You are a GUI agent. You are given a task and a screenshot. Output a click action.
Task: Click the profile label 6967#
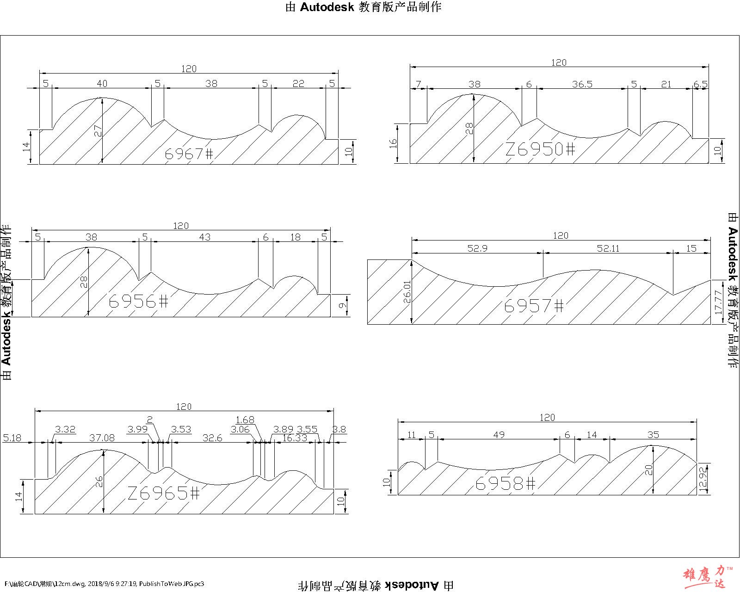tap(189, 154)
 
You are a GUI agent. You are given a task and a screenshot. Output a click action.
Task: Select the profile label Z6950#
tap(540, 149)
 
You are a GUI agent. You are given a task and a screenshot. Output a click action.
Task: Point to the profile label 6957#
tap(534, 306)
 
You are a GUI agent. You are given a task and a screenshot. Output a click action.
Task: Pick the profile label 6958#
tap(506, 484)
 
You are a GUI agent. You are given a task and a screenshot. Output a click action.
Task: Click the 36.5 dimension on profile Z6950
tap(582, 84)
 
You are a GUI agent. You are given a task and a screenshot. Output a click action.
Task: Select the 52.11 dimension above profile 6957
tap(608, 248)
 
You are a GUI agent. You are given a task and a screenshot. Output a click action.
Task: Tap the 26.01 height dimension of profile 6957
tap(407, 291)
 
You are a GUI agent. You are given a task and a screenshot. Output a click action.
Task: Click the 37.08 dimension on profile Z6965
tap(102, 438)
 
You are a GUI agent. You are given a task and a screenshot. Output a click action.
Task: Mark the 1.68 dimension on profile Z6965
tap(245, 419)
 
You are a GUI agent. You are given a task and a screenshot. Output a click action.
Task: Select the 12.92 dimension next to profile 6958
tap(704, 479)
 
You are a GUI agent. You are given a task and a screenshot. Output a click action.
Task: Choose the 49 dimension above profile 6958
tap(499, 435)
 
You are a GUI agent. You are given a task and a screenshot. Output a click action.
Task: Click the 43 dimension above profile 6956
tap(204, 237)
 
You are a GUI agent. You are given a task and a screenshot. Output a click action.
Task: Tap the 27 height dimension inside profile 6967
tap(98, 131)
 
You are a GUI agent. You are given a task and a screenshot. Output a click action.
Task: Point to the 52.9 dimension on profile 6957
tap(477, 248)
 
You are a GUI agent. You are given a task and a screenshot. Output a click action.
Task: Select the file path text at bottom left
tap(104, 584)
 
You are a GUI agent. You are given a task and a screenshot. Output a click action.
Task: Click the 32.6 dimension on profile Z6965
tap(212, 438)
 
